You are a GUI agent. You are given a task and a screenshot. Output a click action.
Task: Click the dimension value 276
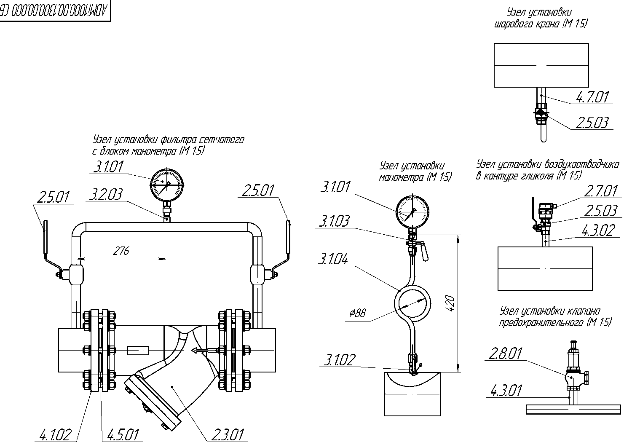[x=121, y=251]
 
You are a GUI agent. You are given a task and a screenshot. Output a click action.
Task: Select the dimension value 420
[x=451, y=303]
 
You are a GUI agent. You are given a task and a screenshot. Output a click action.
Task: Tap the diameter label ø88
[x=358, y=313]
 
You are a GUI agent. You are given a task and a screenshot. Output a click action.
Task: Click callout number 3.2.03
[x=106, y=194]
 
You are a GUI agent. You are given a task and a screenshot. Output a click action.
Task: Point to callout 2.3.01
[x=228, y=435]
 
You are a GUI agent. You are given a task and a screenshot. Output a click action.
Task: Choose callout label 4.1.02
[x=55, y=435]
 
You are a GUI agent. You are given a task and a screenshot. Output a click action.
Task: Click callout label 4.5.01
[x=123, y=435]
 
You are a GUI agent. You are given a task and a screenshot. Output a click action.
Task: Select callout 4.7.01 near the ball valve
[x=592, y=97]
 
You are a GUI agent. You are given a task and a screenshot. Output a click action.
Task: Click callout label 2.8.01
[x=505, y=354]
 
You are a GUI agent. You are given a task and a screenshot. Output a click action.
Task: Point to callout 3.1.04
[x=333, y=259]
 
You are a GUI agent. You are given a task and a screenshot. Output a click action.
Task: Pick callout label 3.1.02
[x=340, y=360]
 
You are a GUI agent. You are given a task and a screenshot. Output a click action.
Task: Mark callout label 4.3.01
[x=506, y=391]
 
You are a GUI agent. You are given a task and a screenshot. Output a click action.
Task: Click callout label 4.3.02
[x=598, y=230]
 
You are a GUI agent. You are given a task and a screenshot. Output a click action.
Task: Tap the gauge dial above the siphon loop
[x=413, y=212]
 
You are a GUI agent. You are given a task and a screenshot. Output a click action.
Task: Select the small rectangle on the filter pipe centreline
[x=138, y=350]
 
